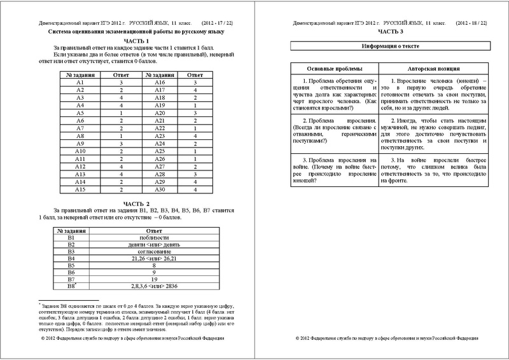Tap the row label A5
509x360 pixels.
(x=80, y=113)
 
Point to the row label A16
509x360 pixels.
(x=160, y=83)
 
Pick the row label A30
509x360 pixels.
(x=160, y=189)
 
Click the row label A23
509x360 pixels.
(x=160, y=135)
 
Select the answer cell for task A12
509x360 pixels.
(x=120, y=166)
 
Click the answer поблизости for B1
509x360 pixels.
(x=151, y=237)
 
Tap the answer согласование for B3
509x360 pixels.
(x=151, y=252)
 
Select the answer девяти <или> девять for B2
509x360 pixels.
(x=151, y=244)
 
